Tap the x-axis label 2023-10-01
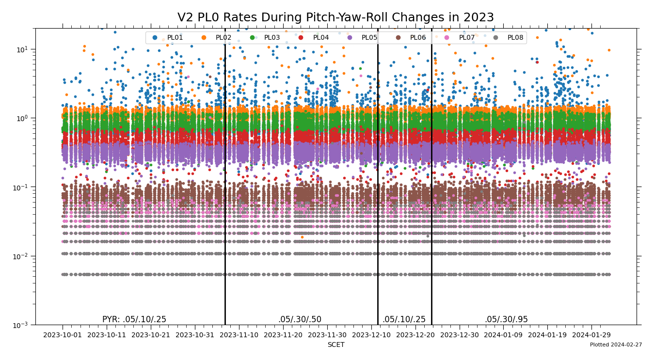click(63, 335)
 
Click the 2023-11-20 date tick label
click(283, 335)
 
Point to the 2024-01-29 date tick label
click(591, 335)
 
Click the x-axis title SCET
click(335, 345)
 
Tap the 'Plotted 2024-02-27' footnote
click(616, 345)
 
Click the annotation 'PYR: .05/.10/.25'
click(134, 319)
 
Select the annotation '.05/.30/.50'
click(300, 319)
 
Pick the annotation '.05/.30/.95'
click(506, 319)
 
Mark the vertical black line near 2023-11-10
click(225, 194)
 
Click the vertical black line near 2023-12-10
click(378, 194)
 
